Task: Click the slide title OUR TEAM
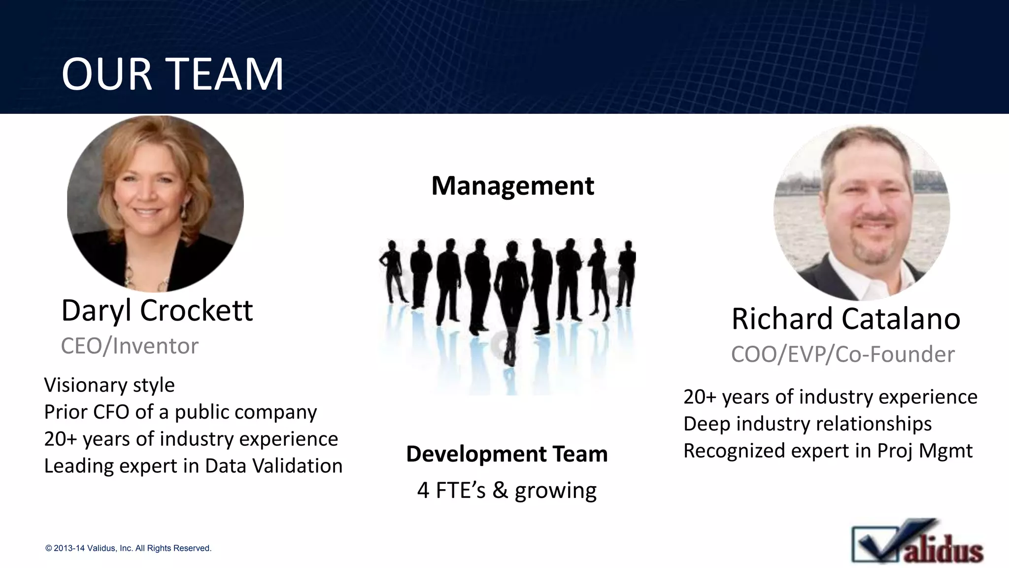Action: (172, 74)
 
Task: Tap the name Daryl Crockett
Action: (157, 311)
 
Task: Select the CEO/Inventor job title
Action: (130, 346)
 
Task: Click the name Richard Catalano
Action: (845, 319)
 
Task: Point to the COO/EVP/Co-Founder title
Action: (842, 355)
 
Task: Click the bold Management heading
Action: (512, 186)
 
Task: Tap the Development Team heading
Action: (506, 454)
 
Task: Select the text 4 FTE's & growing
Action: (506, 491)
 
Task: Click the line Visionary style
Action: (109, 385)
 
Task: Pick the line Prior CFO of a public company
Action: (180, 412)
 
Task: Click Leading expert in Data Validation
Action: (193, 466)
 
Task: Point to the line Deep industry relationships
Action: (807, 424)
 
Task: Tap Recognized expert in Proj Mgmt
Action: (828, 451)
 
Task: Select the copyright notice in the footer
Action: (128, 548)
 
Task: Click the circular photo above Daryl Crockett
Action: (155, 203)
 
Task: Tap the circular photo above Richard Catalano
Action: (861, 212)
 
